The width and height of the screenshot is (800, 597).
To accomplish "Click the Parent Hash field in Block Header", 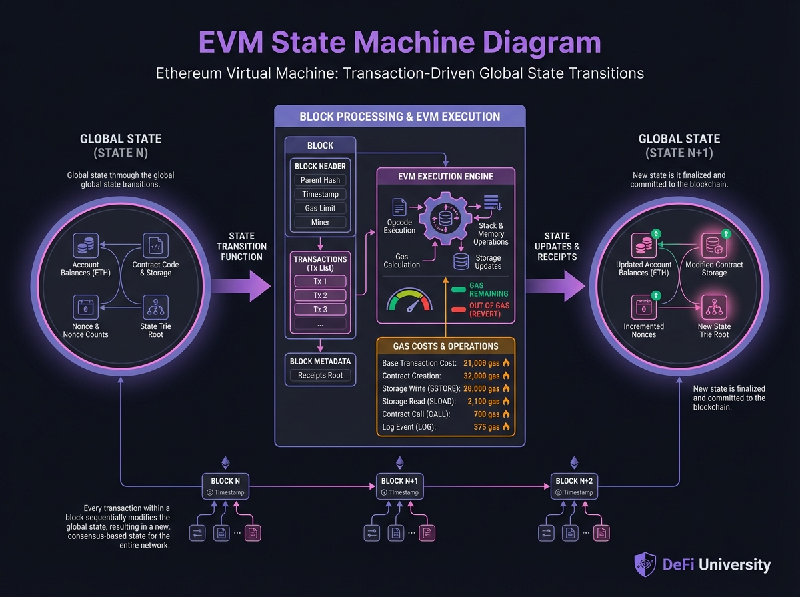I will (x=320, y=180).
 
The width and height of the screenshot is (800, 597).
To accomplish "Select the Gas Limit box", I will (x=320, y=208).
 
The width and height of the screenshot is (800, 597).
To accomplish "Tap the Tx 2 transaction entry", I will (x=320, y=295).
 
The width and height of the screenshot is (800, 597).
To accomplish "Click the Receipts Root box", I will (x=320, y=375).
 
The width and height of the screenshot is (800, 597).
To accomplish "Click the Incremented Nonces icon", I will (x=643, y=308).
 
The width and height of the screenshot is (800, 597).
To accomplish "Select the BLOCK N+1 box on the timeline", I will (x=400, y=486).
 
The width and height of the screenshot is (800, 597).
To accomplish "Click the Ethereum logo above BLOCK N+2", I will (x=574, y=462).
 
